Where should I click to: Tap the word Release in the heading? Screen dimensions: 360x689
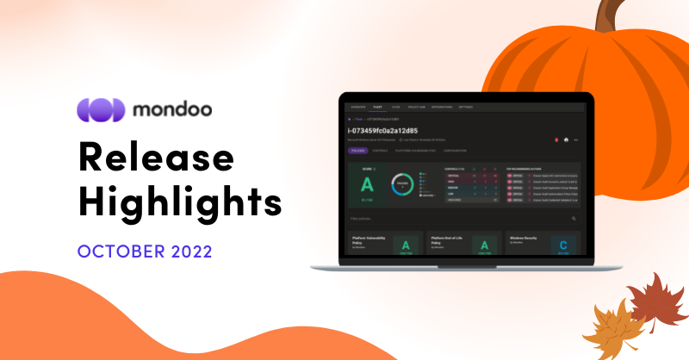[x=156, y=159]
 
